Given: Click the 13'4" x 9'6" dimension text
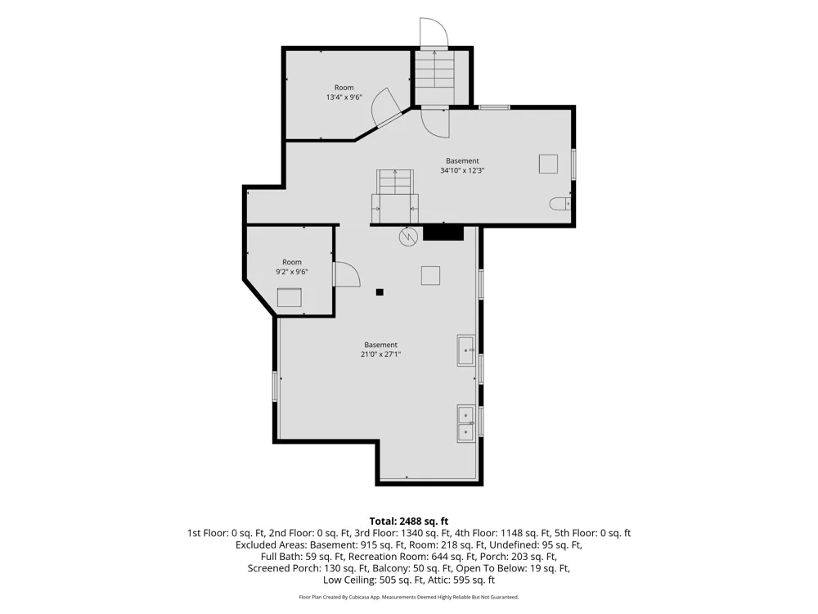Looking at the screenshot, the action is pos(344,97).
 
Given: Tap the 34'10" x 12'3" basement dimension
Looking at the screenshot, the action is pos(462,170).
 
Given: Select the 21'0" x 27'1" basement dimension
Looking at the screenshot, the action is pos(381,354).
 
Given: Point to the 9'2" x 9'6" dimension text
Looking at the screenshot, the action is pos(292,272).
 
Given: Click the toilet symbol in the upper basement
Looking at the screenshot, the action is pos(560,204).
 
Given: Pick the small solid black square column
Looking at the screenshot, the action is pos(380,292).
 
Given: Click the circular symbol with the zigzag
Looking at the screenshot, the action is pos(408,237).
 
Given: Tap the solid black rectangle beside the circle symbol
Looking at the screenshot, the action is pos(443,233).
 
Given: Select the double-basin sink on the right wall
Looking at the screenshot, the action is pos(466,423).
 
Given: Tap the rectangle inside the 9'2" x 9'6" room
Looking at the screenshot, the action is pos(289,297).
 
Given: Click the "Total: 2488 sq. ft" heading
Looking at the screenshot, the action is pos(408,521).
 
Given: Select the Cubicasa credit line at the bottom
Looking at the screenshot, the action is pos(408,597).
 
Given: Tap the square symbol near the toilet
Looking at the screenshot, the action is pos(548,164).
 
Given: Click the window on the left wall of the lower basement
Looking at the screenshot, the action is pos(275,386).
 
